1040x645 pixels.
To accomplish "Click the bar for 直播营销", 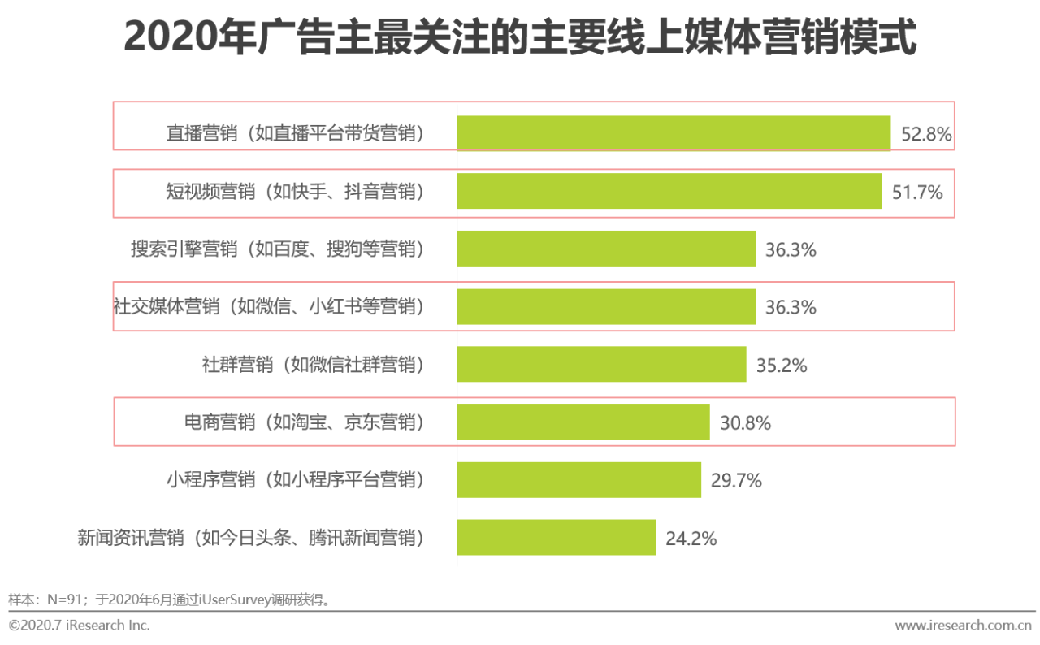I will (x=674, y=133).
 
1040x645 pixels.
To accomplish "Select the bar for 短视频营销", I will (x=669, y=192).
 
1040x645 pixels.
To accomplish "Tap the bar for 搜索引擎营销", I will (x=606, y=249).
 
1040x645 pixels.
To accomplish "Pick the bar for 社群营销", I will (x=601, y=365).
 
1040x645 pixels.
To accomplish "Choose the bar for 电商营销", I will (x=583, y=422).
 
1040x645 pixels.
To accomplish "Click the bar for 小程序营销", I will (x=578, y=480).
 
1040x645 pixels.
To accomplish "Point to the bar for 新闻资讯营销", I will (x=557, y=538).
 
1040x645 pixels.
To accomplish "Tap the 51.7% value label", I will (x=917, y=193).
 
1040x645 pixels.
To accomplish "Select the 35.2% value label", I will (x=782, y=366).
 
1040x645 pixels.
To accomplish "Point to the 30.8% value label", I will (x=745, y=423).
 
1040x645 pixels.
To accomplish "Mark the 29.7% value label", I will (x=736, y=481).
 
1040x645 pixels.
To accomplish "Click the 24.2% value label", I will (x=691, y=539).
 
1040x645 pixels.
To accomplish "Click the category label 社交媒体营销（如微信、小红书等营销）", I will (x=269, y=307).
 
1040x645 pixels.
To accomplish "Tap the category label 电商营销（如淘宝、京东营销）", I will (x=305, y=422).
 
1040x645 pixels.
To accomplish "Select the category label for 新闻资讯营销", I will (x=251, y=538).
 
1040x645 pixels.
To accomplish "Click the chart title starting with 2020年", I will (x=520, y=38).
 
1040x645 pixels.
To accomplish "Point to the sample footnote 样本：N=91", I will (x=171, y=600).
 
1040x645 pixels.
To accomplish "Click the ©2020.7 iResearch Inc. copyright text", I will (x=79, y=625).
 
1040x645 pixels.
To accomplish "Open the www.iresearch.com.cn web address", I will (x=963, y=625).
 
